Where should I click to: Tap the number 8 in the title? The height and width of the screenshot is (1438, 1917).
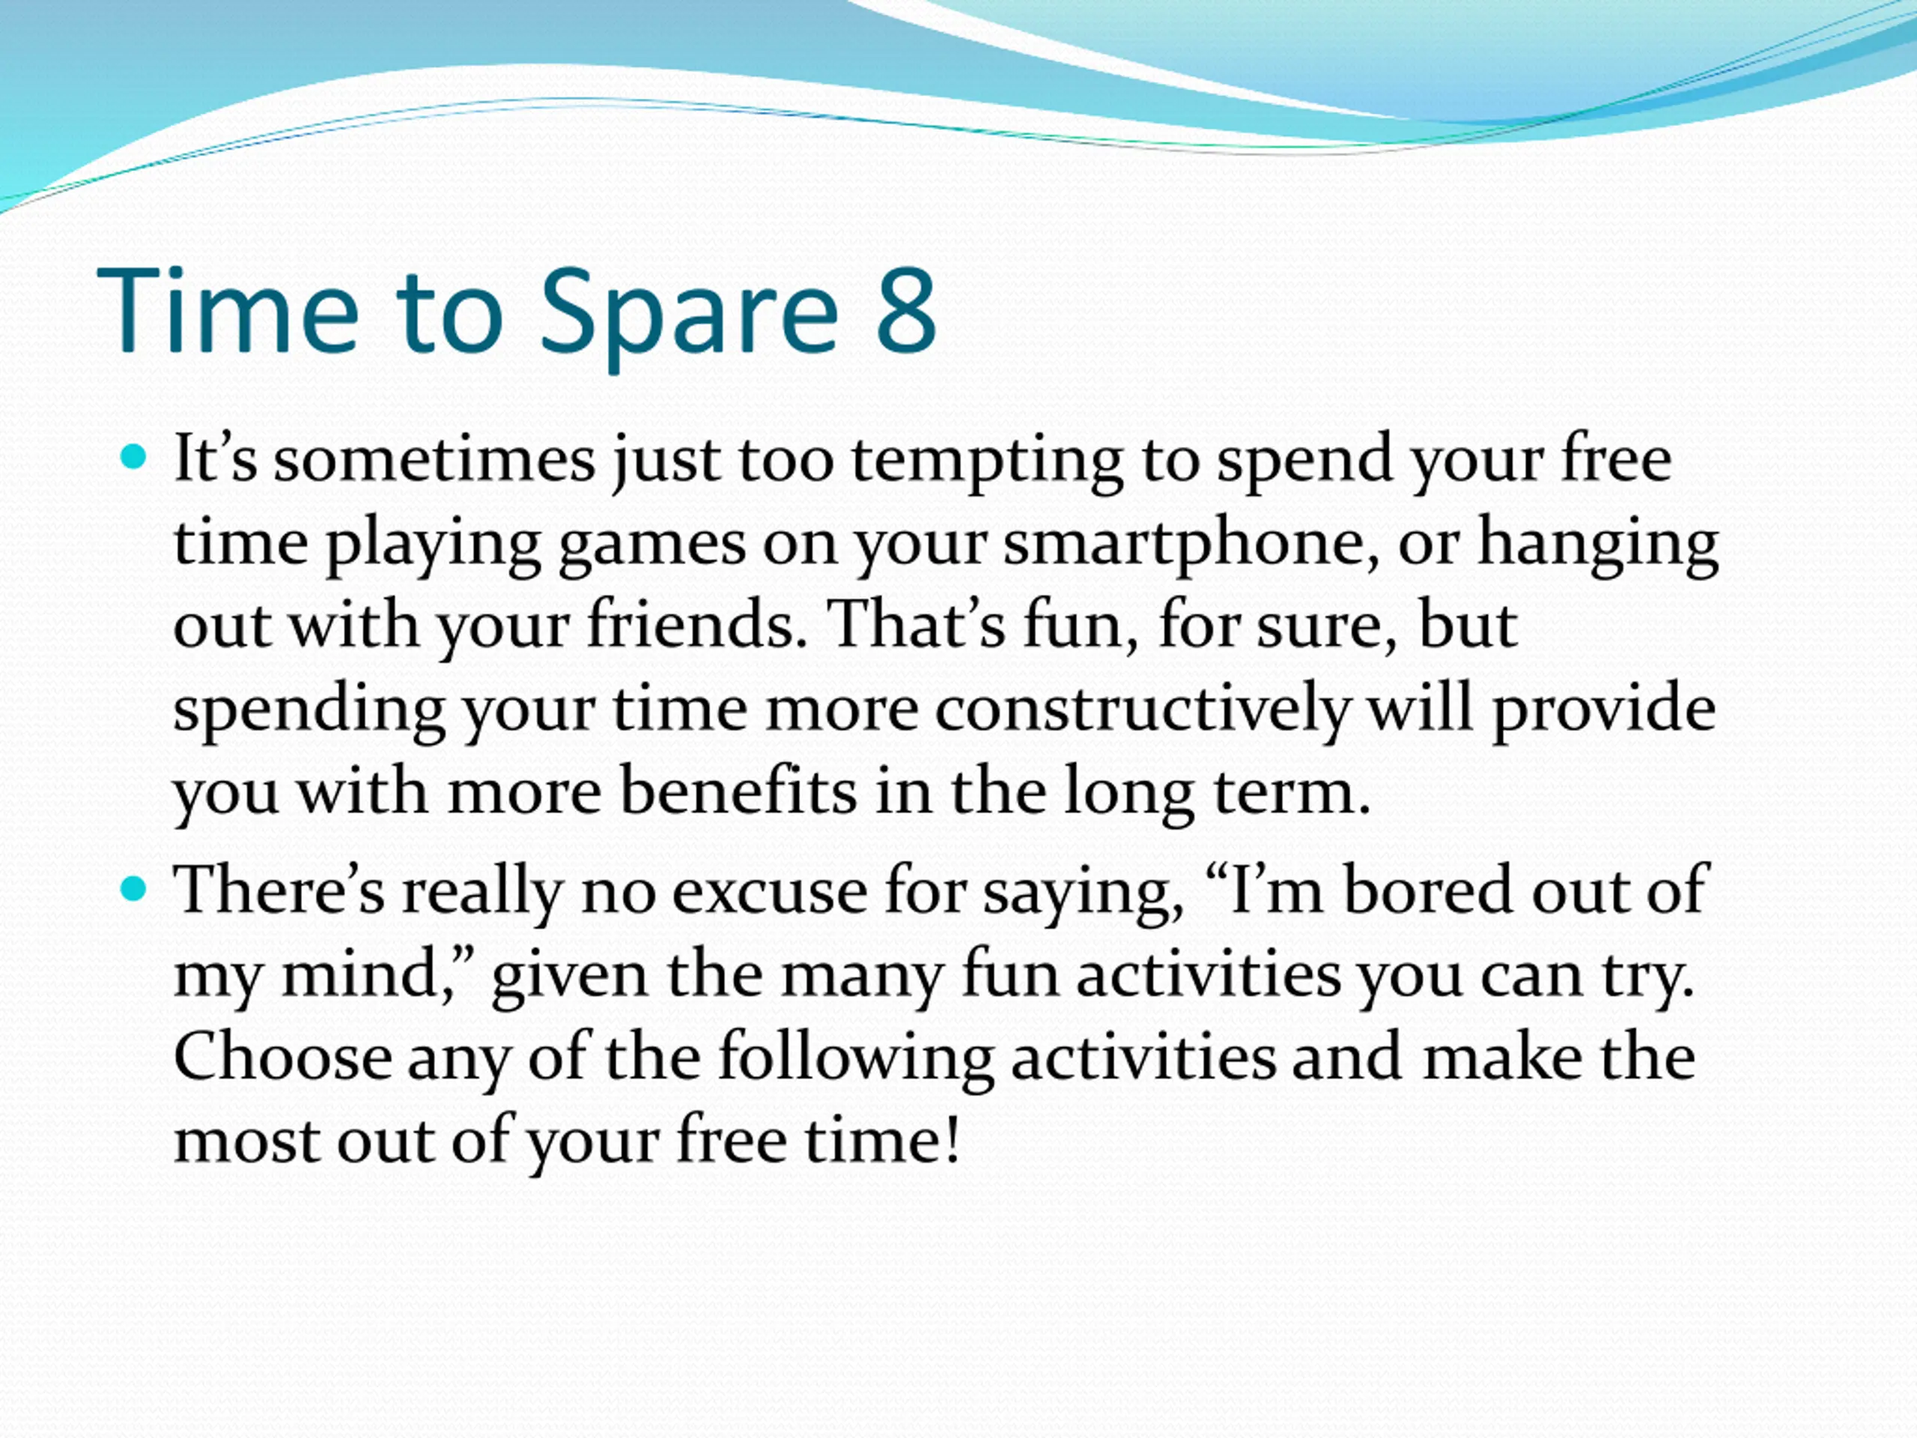[x=908, y=309]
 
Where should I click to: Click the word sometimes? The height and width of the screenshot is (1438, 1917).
[x=435, y=458]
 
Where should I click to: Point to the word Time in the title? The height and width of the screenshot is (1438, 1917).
[x=227, y=309]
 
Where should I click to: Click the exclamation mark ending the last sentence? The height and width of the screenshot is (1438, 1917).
[x=953, y=1138]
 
